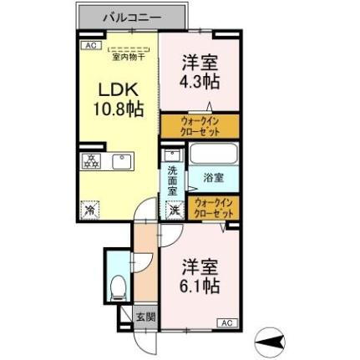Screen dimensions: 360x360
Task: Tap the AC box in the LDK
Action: (x=89, y=47)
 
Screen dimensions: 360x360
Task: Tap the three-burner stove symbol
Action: (x=91, y=161)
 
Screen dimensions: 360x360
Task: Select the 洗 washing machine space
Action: (x=175, y=210)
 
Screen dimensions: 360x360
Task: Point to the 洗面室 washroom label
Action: (x=173, y=181)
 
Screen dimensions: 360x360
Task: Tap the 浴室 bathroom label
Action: (x=212, y=178)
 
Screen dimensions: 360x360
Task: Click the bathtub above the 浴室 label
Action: (x=215, y=154)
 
